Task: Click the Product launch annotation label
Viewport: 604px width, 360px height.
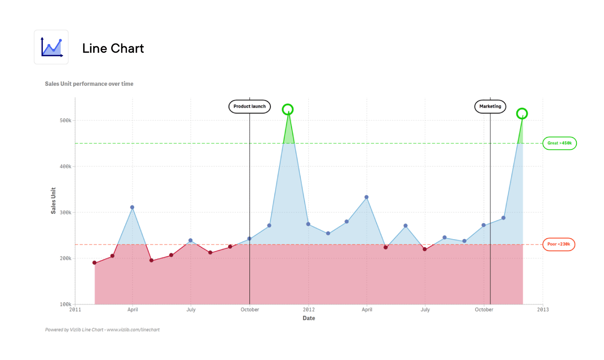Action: (x=249, y=106)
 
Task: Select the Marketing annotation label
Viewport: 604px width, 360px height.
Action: (x=490, y=106)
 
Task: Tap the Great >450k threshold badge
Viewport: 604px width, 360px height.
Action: (x=559, y=143)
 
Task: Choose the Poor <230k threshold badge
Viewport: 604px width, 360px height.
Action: (x=559, y=244)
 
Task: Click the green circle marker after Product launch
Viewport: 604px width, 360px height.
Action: (x=288, y=110)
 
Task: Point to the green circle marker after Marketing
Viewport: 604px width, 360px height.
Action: (x=522, y=114)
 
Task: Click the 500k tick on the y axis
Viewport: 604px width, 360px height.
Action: (x=66, y=120)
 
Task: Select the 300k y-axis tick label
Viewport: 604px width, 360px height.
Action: (x=66, y=212)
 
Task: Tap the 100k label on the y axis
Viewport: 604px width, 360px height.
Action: (x=66, y=304)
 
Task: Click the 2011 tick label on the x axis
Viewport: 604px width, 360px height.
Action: (x=75, y=309)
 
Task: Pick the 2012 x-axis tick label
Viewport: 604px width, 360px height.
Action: (x=308, y=309)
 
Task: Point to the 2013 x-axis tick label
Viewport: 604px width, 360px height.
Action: (x=543, y=309)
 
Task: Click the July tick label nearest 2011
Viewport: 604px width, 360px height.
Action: (x=191, y=309)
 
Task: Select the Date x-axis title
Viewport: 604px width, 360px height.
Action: (x=308, y=318)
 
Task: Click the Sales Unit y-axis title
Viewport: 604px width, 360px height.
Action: (x=53, y=200)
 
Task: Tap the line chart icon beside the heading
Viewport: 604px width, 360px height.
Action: (x=51, y=47)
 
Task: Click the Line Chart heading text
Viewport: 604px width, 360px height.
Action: (x=113, y=48)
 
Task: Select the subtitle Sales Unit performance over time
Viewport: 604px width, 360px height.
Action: (x=89, y=84)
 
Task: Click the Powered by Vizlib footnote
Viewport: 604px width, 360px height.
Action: (x=102, y=330)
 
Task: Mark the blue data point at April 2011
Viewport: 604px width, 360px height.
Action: (x=132, y=207)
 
